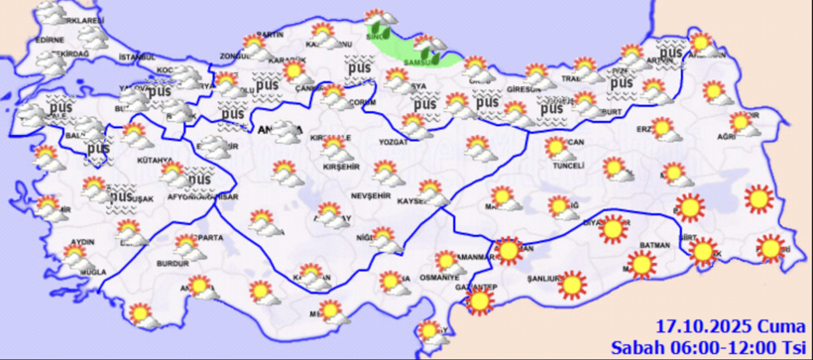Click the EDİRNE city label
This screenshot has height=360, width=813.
point(49,41)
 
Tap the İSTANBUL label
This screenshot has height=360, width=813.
point(138,58)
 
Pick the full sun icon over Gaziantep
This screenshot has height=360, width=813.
point(481,300)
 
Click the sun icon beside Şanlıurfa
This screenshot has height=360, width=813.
point(572,286)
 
